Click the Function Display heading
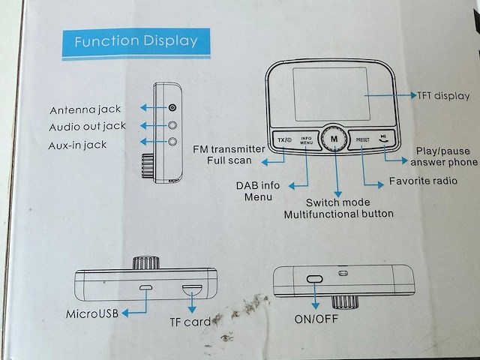pos(136,40)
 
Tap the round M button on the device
pos(333,139)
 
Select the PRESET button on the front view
pos(363,139)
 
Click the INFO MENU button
pos(305,139)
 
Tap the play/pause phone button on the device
pos(384,139)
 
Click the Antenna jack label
pos(85,109)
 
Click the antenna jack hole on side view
pos(172,108)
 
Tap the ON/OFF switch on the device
pos(314,279)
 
